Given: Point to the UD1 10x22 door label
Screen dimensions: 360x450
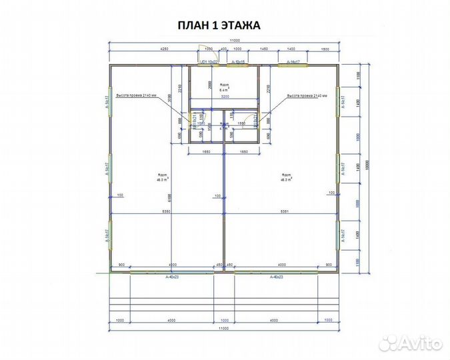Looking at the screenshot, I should pos(209,62).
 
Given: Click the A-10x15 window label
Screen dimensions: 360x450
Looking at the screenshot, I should pos(238,62).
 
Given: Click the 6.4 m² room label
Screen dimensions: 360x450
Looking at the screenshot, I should pos(224,87).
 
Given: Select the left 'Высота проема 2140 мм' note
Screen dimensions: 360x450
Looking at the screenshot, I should pos(136,96).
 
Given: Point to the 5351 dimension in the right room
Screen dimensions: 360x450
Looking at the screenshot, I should pos(285,211).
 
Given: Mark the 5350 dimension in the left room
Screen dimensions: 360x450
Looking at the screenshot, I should pos(167,211).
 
